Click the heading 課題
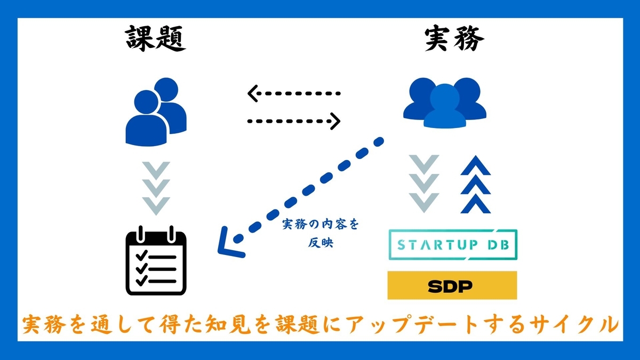coord(156,38)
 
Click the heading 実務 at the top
coord(454,38)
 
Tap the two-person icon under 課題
coord(156,112)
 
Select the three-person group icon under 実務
coord(445,103)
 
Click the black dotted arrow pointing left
coord(294,93)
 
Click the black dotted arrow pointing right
coord(294,121)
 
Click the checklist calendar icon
coord(156,261)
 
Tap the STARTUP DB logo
coord(453,245)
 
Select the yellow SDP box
coord(452,285)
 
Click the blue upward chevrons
coord(476,185)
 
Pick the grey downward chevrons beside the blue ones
coord(424,184)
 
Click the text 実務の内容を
coord(321,225)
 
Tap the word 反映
coord(321,243)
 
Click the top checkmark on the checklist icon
coord(142,255)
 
